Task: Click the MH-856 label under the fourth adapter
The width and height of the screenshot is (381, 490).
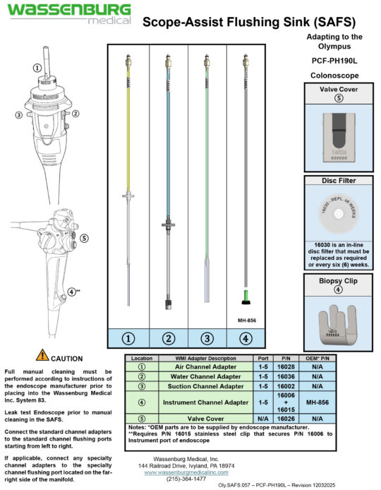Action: click(246, 317)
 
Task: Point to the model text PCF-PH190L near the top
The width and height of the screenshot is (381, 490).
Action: click(335, 61)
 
